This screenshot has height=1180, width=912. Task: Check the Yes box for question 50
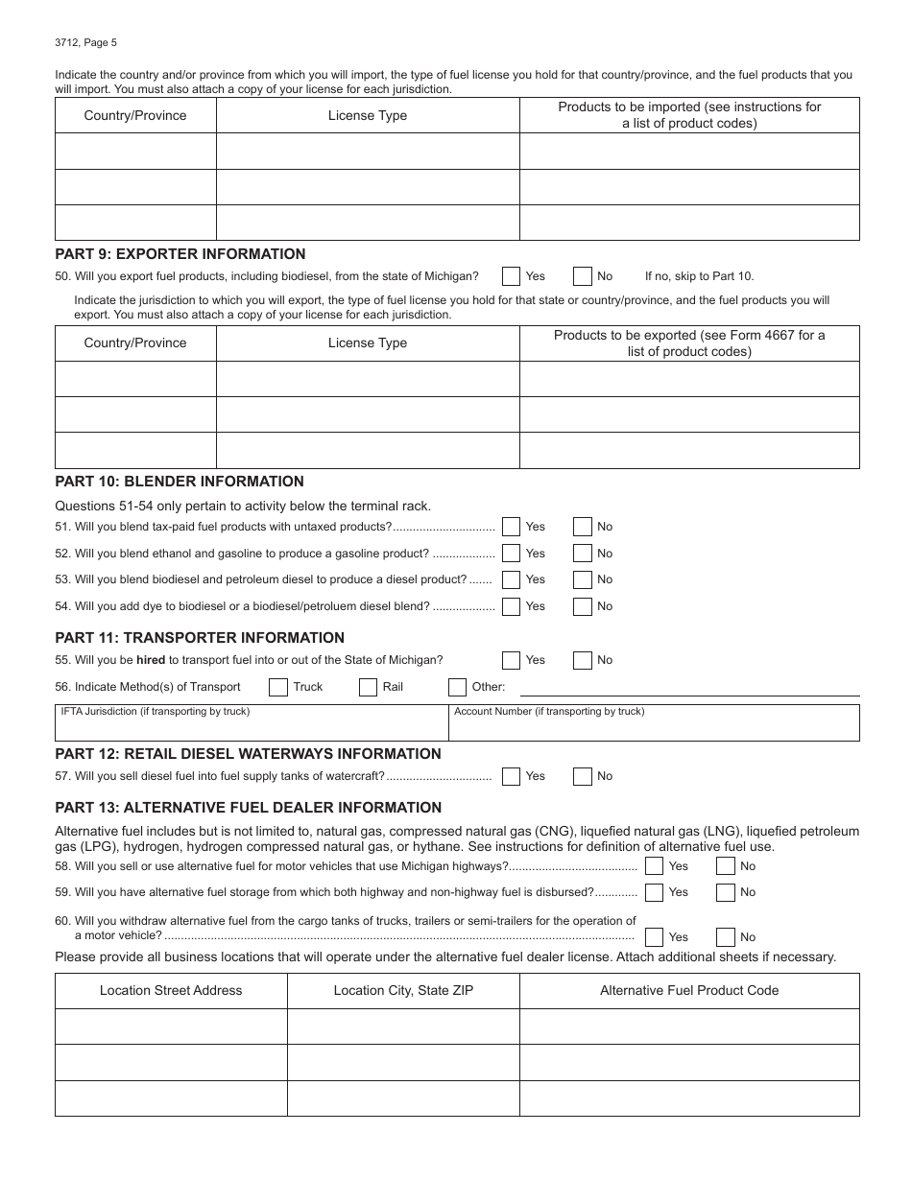pos(512,276)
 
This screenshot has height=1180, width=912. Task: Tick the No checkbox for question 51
pos(583,527)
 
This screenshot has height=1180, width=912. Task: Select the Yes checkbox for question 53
pos(512,579)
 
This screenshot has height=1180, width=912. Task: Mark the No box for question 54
pos(583,606)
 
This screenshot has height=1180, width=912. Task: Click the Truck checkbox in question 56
pos(278,687)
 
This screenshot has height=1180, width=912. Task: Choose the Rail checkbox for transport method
pos(368,687)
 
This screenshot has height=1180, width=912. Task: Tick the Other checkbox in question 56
pos(458,687)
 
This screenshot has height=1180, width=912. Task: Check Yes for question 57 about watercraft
pos(512,776)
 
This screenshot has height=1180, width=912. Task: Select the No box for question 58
pos(726,866)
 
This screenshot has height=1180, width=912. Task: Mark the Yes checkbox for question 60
pos(655,937)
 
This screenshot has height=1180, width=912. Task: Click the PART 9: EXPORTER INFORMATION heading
pos(180,254)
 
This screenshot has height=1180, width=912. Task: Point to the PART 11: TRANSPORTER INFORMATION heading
pos(200,638)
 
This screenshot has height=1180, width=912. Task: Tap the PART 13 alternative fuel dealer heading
pos(249,808)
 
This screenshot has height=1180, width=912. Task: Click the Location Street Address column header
pos(171,990)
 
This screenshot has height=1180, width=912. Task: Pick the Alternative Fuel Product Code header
pos(689,990)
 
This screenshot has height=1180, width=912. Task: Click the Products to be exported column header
pos(689,342)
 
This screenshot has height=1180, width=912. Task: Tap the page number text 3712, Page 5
pos(86,42)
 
